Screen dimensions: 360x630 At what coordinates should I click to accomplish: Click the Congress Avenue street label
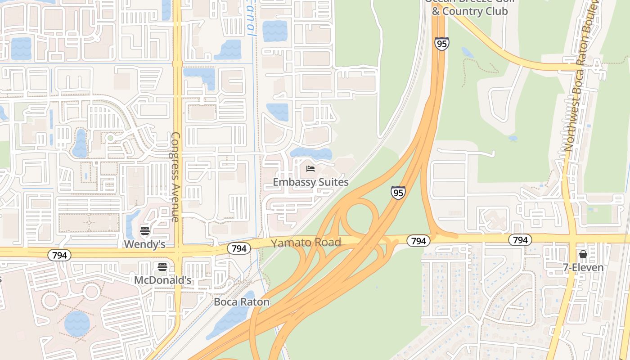click(175, 177)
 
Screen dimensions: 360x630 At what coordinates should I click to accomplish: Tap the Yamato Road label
click(306, 243)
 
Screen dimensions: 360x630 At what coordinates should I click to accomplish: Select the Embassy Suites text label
click(310, 182)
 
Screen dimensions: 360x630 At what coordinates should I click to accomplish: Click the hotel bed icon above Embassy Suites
click(310, 169)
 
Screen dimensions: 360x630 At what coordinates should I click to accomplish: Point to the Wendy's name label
click(144, 244)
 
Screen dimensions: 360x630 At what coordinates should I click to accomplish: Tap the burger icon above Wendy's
click(145, 231)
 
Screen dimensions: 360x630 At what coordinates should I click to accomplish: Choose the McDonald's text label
click(163, 280)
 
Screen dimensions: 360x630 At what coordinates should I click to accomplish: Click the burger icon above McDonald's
click(162, 267)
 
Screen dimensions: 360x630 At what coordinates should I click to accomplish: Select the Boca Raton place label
click(242, 302)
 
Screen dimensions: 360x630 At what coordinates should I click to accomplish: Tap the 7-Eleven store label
click(583, 267)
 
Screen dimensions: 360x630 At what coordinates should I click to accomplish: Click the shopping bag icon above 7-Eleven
click(583, 254)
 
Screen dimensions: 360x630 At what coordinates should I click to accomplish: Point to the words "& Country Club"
click(470, 11)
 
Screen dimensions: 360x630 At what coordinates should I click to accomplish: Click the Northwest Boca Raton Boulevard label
click(581, 76)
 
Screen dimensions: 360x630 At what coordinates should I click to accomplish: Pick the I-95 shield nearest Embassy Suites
click(398, 193)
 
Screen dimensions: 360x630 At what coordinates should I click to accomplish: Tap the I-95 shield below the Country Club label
click(442, 44)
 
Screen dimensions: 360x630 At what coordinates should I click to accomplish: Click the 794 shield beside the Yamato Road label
click(239, 248)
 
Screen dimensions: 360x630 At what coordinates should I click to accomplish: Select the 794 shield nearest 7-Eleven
click(520, 240)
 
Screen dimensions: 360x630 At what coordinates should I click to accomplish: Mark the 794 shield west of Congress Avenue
click(59, 256)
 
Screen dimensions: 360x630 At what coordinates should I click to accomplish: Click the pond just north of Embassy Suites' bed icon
click(310, 153)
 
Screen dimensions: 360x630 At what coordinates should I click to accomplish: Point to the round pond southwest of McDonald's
click(77, 323)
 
